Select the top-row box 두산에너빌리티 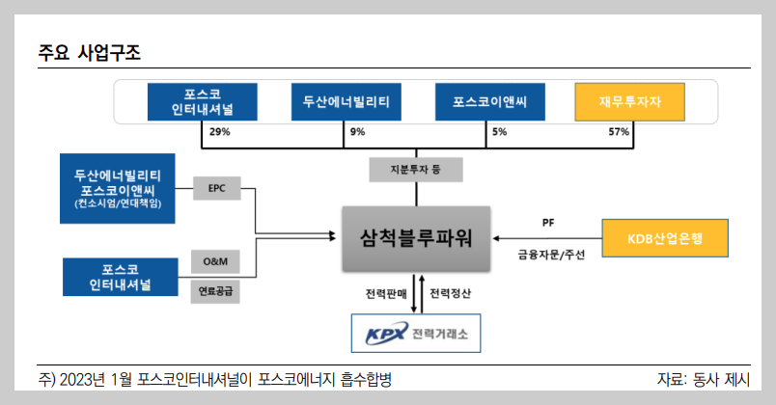click(346, 102)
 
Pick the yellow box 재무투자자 click(629, 102)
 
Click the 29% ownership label click(219, 132)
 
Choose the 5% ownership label click(499, 132)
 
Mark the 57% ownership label click(619, 132)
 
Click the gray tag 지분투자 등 click(415, 171)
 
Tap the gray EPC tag click(216, 188)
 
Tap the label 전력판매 click(385, 292)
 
